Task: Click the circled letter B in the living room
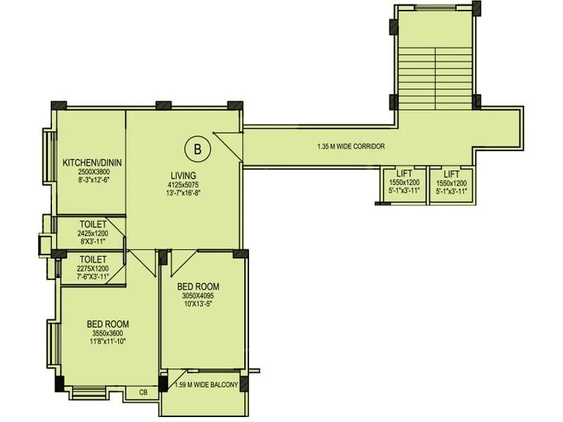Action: [198, 148]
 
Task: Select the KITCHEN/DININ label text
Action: [92, 162]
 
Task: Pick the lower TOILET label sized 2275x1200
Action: [92, 260]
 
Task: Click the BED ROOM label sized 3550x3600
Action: [108, 324]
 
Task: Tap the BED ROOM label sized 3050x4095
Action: [198, 286]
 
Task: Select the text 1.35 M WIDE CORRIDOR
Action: [350, 147]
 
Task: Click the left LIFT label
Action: [402, 173]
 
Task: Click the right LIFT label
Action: [451, 173]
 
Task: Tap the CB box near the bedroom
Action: [144, 392]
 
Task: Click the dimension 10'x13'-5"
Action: [198, 305]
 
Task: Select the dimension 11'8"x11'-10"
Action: [108, 342]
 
